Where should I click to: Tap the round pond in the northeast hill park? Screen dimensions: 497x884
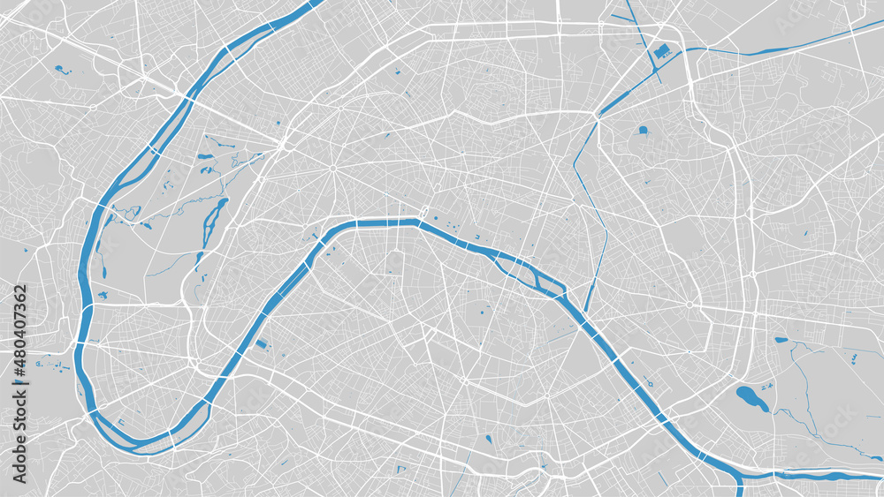[643, 131]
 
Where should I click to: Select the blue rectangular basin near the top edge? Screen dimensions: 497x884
[662, 55]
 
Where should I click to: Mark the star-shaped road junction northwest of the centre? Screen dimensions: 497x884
[333, 168]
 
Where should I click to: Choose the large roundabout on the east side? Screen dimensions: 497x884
[690, 305]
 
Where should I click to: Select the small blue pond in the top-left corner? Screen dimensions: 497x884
[61, 69]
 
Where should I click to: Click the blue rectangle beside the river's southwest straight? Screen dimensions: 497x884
[261, 344]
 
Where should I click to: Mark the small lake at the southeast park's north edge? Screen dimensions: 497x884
[781, 340]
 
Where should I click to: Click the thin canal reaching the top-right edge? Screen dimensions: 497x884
[796, 44]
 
